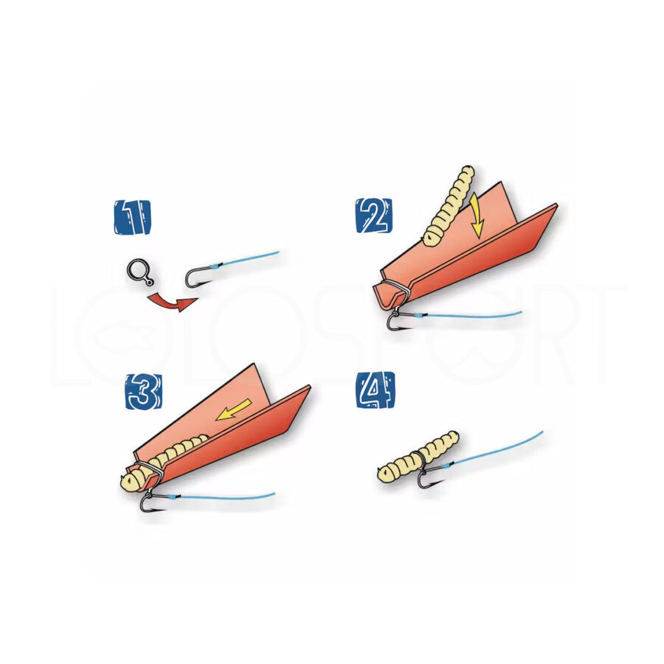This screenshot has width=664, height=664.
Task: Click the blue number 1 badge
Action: coord(132,217)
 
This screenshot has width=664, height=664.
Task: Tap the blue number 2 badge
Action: coord(373,215)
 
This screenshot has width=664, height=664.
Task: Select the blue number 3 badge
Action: coord(144,392)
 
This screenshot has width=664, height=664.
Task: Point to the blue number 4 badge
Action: coord(375,390)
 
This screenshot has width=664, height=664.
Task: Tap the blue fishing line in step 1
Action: coord(245,259)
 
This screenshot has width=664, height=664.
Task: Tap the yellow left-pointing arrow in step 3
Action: coord(233,410)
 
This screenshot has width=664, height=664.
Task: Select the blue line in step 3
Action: coord(221,497)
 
